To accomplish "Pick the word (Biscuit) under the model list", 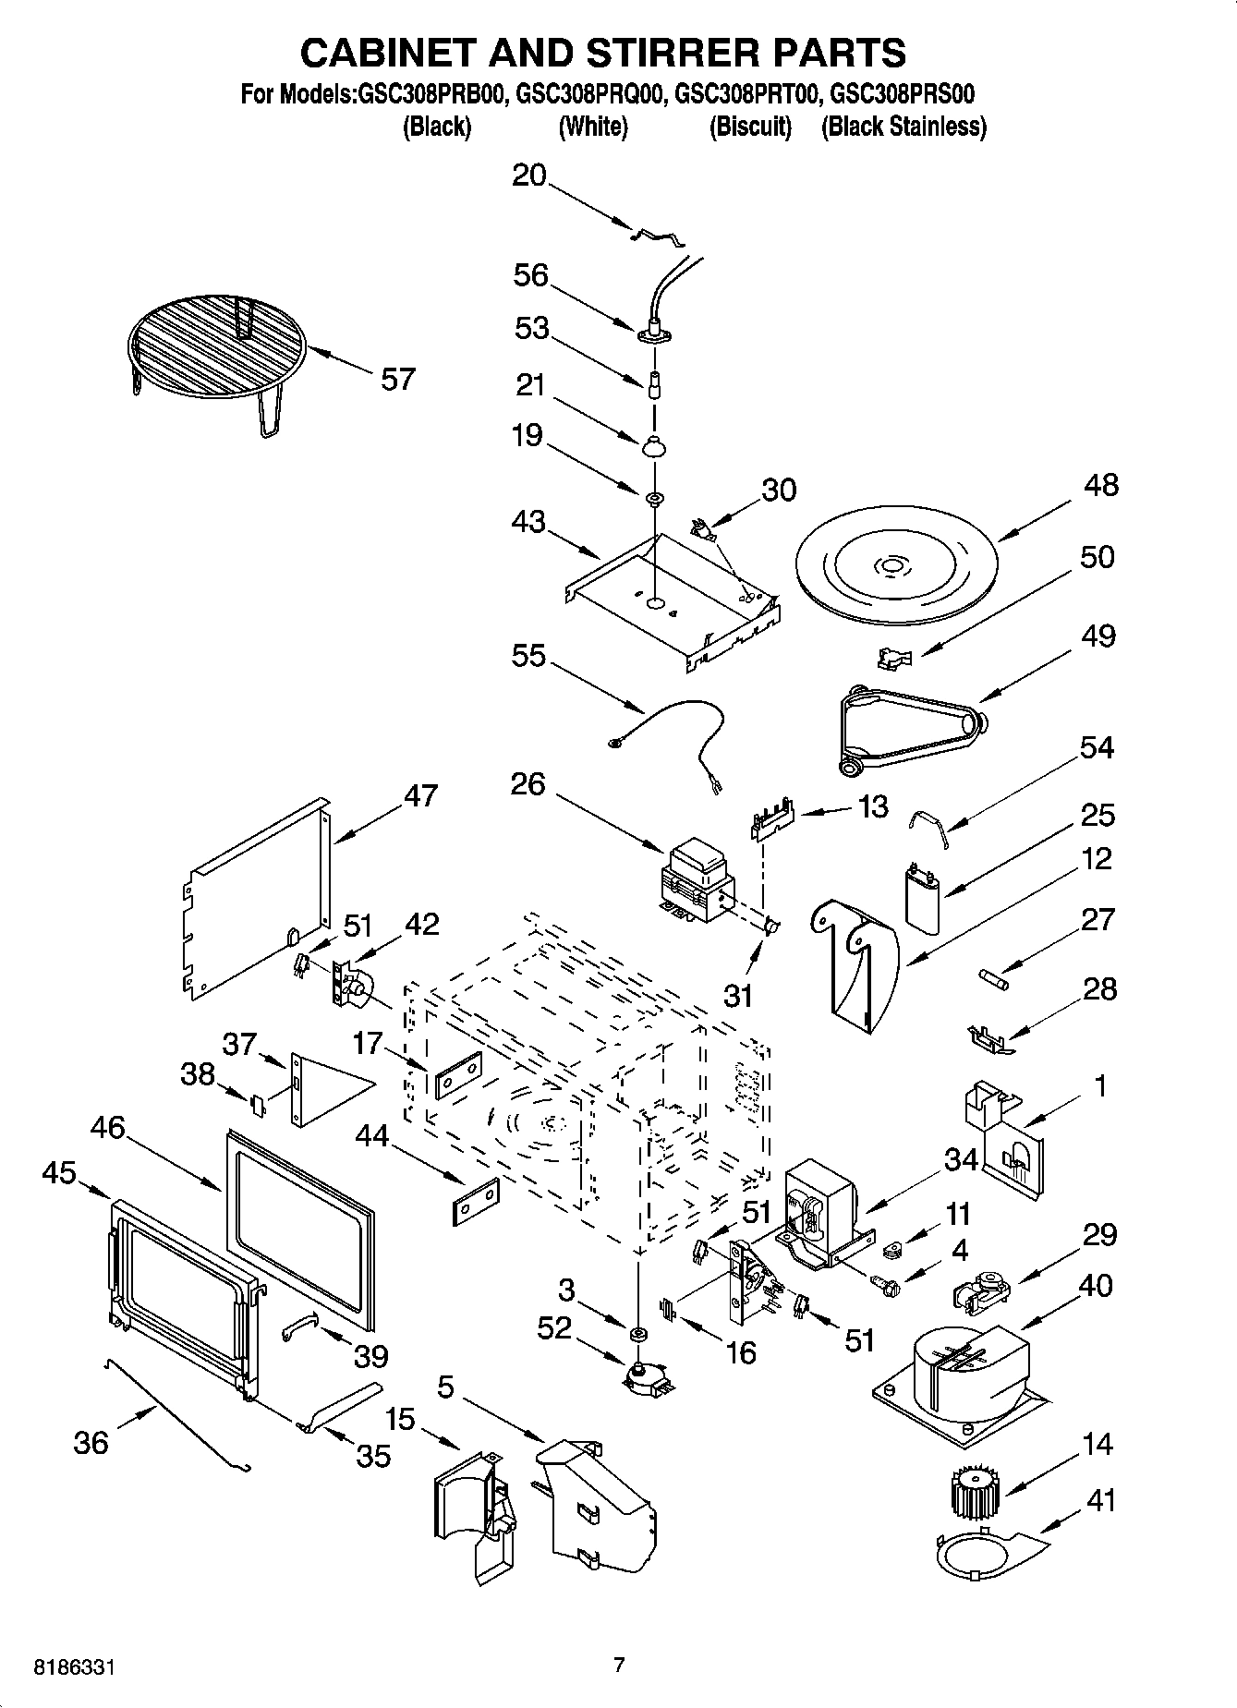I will [750, 127].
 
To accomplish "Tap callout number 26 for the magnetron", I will [528, 785].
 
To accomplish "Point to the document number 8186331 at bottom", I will [77, 1666].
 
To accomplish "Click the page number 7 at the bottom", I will [619, 1665].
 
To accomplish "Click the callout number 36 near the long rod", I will [91, 1442].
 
